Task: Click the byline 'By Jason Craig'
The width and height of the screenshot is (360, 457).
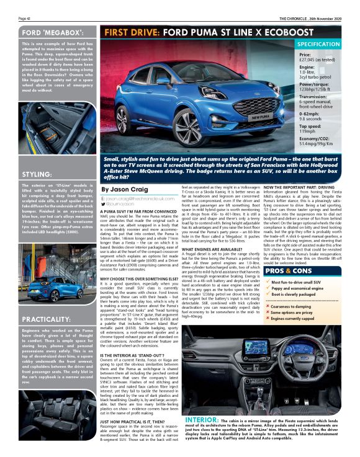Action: coord(124,189)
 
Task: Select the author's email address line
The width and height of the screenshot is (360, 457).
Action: coord(138,198)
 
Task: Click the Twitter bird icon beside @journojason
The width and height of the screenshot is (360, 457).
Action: coord(104,204)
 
